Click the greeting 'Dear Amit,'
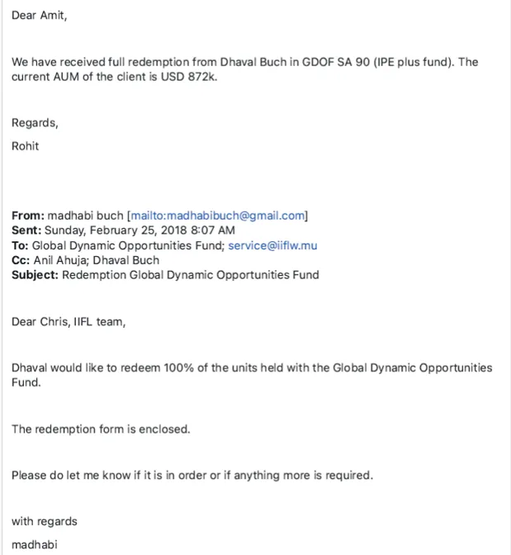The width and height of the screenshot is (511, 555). tap(39, 16)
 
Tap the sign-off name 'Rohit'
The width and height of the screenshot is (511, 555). tap(25, 146)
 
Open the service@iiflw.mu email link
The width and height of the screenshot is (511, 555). tap(272, 245)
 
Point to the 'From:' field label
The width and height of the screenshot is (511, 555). tap(27, 216)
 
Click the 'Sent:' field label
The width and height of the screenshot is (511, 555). tap(26, 230)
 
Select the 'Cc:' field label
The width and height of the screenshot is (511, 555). tap(21, 260)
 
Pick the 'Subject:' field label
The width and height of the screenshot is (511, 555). tap(35, 275)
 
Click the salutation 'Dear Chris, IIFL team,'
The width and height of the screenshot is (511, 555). tap(69, 321)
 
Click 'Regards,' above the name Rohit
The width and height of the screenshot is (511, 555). tap(35, 123)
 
